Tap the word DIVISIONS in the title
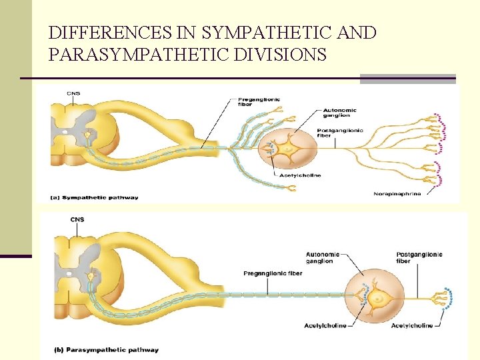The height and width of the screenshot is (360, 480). [x=281, y=54]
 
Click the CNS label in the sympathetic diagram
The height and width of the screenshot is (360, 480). [x=73, y=93]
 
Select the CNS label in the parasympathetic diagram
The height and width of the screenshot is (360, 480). [x=77, y=219]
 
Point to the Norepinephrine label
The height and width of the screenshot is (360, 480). [x=397, y=194]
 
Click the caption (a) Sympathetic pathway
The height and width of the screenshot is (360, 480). [x=94, y=197]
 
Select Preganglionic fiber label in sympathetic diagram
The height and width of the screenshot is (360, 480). [x=259, y=103]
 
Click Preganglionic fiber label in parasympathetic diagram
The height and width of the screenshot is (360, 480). [x=267, y=273]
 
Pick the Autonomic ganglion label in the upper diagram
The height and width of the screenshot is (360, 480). [x=339, y=113]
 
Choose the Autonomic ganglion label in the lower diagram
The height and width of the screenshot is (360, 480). [x=323, y=257]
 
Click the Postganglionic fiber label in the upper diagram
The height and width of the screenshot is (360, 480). [x=340, y=133]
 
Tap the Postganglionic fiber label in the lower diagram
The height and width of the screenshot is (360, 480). [x=419, y=257]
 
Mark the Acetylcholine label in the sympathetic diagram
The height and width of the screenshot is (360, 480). [x=299, y=175]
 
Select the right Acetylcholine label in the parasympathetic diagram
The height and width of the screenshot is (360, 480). [x=411, y=325]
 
